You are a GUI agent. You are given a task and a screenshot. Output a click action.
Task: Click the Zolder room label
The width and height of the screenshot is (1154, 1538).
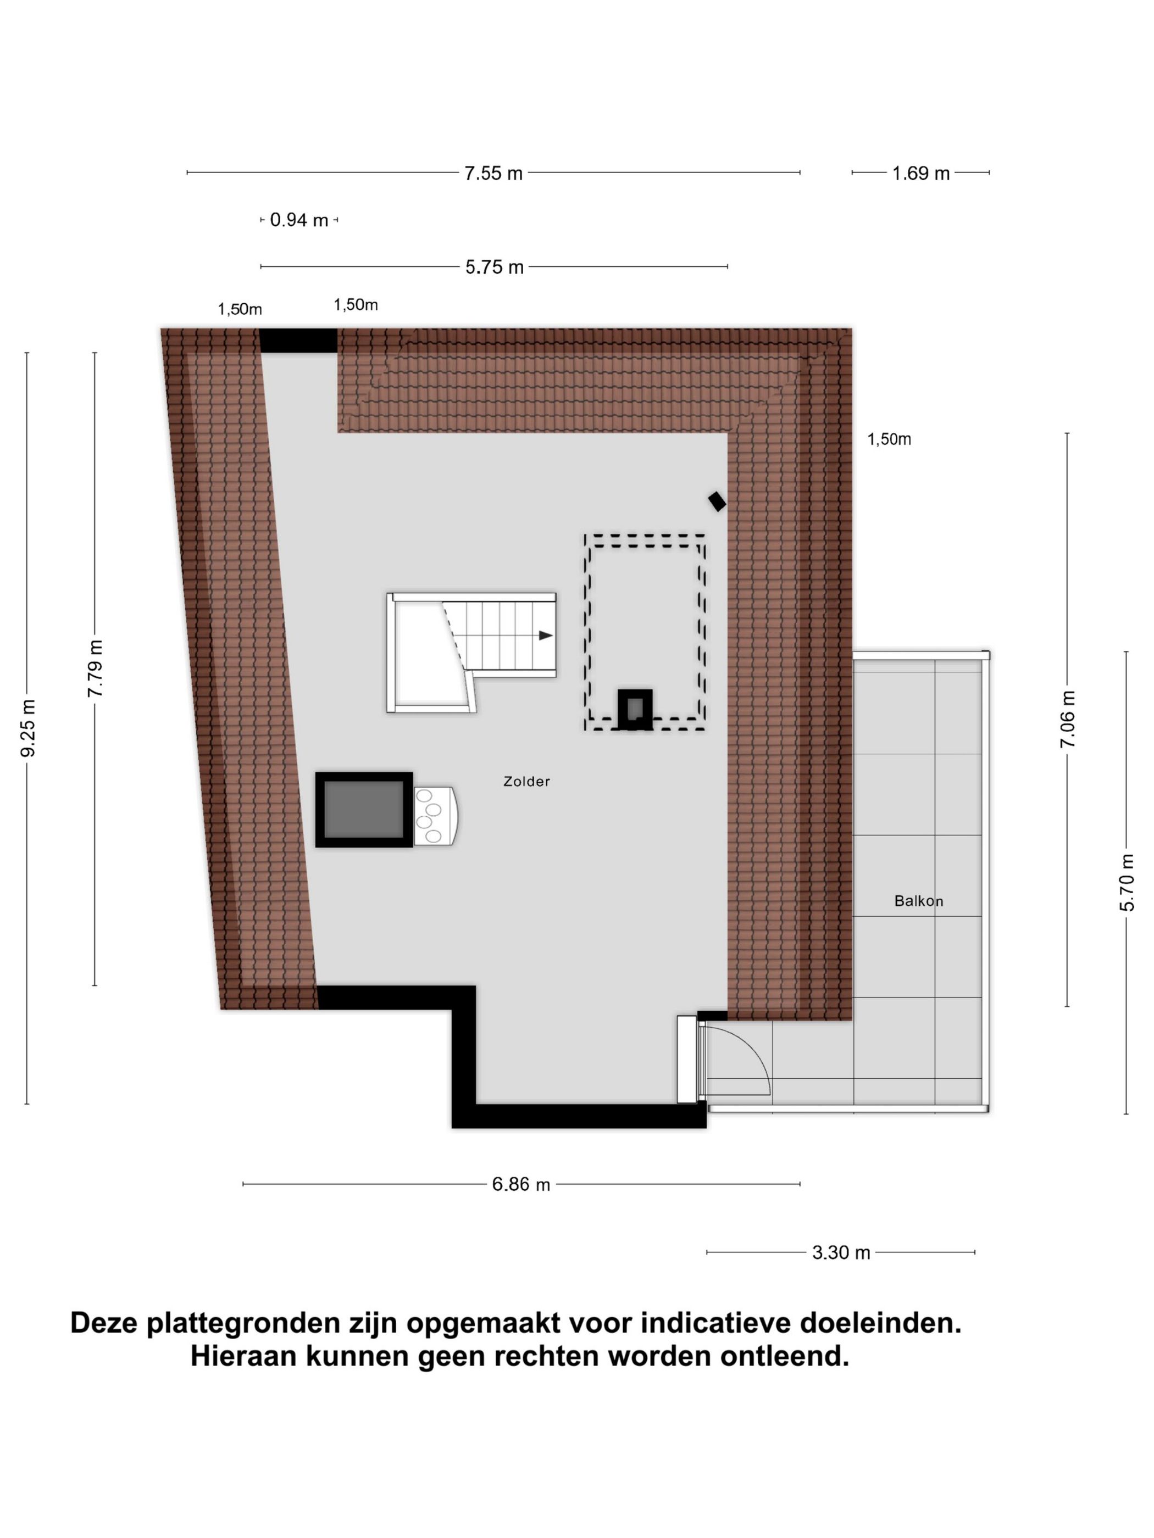pos(526,782)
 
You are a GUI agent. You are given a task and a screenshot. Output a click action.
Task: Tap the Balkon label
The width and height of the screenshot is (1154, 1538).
pos(918,901)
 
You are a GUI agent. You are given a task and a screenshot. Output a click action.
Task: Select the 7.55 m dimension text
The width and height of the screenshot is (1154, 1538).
pos(493,173)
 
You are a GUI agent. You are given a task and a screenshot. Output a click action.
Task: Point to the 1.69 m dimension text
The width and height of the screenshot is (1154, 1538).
pos(920,173)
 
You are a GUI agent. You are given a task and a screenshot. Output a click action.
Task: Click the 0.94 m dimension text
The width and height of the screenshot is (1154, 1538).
pos(298,220)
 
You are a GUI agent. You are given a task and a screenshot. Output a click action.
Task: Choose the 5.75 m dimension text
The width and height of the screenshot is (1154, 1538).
pos(494,267)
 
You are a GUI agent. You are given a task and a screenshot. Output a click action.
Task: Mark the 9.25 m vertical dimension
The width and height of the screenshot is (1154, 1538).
pos(28,728)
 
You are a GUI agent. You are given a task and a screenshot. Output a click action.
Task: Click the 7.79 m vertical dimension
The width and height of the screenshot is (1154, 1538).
pos(95,668)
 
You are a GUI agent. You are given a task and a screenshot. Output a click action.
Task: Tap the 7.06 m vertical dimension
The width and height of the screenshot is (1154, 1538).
pos(1067,719)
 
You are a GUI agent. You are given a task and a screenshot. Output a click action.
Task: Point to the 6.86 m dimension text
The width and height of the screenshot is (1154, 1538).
pos(520,1184)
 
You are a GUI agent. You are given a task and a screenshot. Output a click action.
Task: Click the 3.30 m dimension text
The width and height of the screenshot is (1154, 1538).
pos(840,1252)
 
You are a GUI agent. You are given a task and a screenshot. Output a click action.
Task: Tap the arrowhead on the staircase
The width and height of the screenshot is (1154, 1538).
pos(545,636)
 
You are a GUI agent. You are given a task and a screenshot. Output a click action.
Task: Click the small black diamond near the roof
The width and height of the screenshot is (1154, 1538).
pos(717,501)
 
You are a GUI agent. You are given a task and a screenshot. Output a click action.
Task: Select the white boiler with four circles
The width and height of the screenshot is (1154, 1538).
pos(434,816)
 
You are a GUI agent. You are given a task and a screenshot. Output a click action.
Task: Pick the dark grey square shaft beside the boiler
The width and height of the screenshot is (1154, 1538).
pos(364,809)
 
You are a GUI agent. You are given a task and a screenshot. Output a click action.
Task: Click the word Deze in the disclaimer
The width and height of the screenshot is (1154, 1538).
pos(104,1323)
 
